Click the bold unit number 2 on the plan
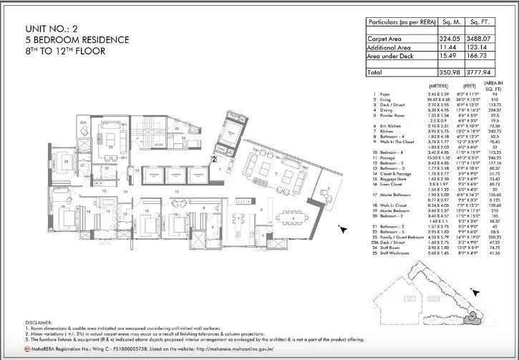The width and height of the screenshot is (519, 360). tap(213, 160)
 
